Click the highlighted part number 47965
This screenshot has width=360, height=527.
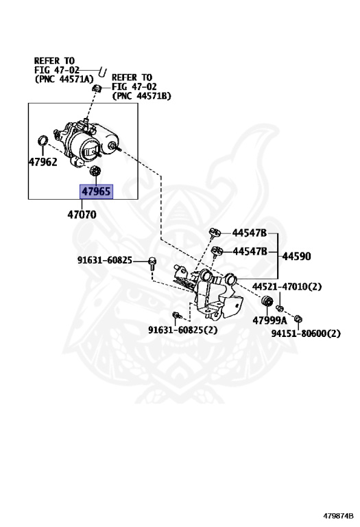click(96, 192)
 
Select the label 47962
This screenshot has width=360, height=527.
click(43, 163)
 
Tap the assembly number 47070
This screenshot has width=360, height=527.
click(82, 214)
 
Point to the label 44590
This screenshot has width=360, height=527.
click(296, 257)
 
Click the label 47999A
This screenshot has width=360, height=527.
click(269, 320)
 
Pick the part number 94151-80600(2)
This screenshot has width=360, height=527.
click(306, 333)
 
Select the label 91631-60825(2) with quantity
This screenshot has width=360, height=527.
click(183, 329)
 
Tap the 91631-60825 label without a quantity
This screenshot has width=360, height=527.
click(111, 261)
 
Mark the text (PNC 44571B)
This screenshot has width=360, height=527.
click(141, 96)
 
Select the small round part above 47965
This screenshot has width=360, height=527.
click(96, 170)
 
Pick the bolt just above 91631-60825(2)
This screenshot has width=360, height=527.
click(176, 315)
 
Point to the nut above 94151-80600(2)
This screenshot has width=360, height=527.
click(297, 318)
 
